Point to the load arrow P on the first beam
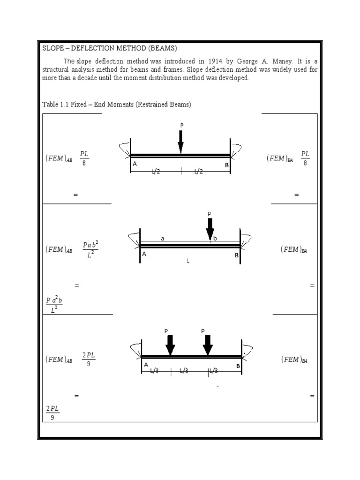click(x=181, y=141)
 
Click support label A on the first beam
click(x=135, y=164)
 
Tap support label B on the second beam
click(x=237, y=255)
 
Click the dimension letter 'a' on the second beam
click(x=163, y=238)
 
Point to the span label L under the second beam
click(x=188, y=261)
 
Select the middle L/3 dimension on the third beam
click(x=184, y=371)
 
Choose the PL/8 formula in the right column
click(x=305, y=158)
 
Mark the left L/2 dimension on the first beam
click(x=155, y=172)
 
